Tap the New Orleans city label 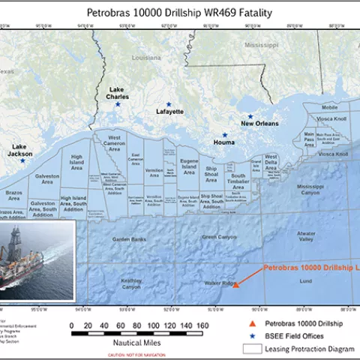[x=259, y=124]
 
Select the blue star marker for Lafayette [x=169, y=104]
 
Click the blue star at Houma [x=225, y=135]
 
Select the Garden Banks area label [x=128, y=238]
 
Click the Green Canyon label [x=220, y=238]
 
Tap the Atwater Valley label [x=306, y=235]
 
